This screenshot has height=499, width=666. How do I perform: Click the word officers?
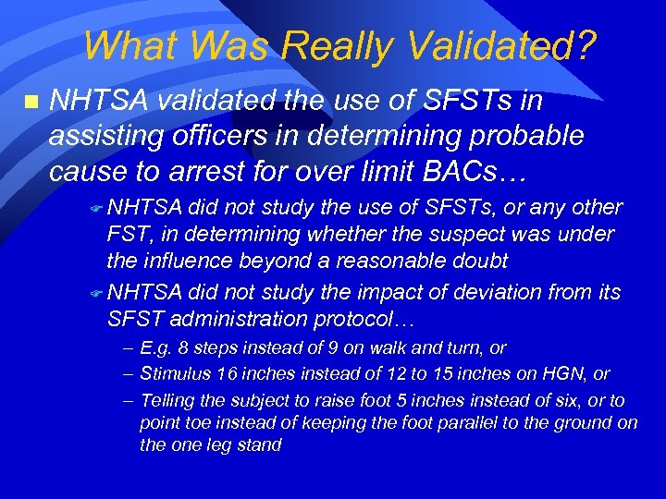click(x=228, y=137)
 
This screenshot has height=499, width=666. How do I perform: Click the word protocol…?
click(x=367, y=320)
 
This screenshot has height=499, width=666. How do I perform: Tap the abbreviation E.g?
click(x=154, y=348)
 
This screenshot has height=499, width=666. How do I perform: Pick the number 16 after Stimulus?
click(x=223, y=374)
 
